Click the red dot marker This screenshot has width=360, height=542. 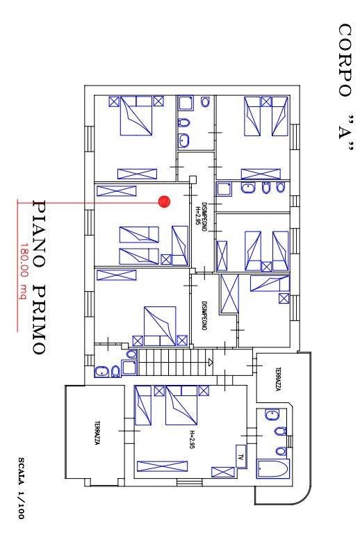[x=165, y=202]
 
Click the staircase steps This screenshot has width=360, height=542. [x=174, y=361]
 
